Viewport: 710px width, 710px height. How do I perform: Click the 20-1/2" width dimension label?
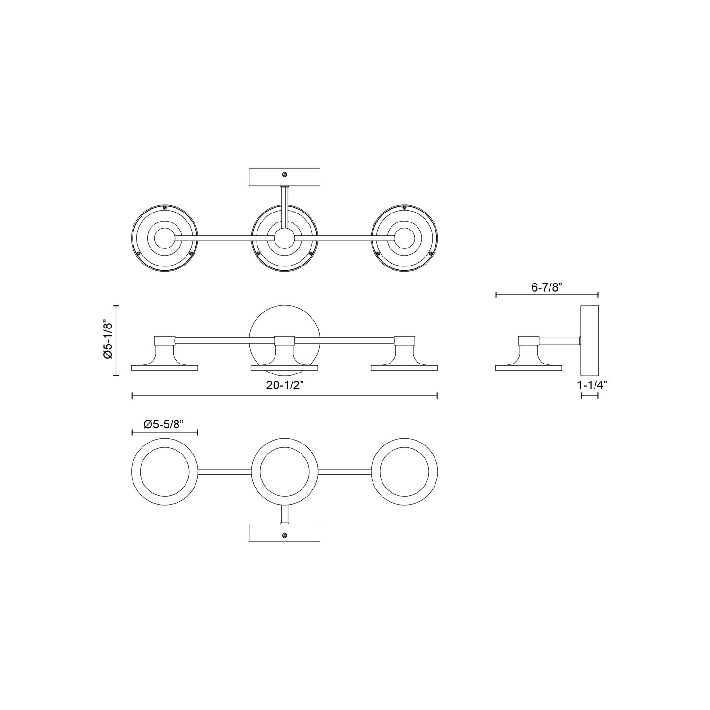[284, 385]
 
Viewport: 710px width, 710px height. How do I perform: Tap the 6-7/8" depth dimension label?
[547, 287]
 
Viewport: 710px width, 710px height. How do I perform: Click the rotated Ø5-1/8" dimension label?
[108, 340]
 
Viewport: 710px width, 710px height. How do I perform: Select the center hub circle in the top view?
[284, 239]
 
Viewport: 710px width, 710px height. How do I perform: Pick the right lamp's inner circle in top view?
[404, 239]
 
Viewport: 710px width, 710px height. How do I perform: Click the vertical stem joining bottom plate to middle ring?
[284, 514]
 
